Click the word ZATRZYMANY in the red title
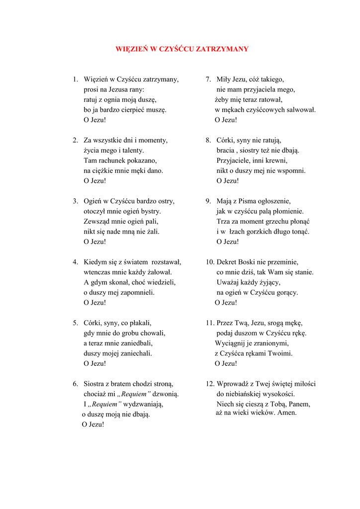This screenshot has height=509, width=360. pyautogui.click(x=222, y=49)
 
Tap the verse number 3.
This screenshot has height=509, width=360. pyautogui.click(x=75, y=201)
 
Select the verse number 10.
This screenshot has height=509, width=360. pyautogui.click(x=209, y=262)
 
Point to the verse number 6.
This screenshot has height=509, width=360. pyautogui.click(x=75, y=384)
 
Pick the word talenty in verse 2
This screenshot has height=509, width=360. pyautogui.click(x=132, y=150)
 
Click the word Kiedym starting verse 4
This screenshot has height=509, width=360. pyautogui.click(x=94, y=262)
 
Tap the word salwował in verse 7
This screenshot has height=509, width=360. pyautogui.click(x=300, y=110)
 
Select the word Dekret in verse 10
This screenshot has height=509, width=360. pyautogui.click(x=227, y=262)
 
